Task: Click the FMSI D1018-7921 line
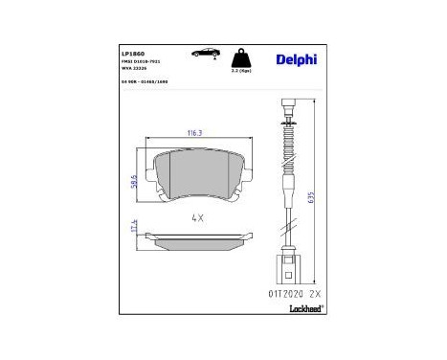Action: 141,59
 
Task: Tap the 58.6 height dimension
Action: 133,178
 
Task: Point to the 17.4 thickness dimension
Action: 133,228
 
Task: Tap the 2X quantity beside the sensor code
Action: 312,283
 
